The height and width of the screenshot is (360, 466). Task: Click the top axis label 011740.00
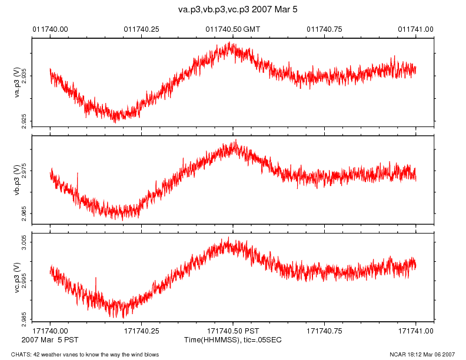tap(50, 29)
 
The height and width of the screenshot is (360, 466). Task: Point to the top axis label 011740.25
tap(141, 29)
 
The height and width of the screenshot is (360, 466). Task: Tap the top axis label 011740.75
tap(325, 29)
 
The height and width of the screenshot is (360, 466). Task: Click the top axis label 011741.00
tap(416, 29)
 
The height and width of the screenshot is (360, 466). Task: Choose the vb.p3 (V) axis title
tap(17, 179)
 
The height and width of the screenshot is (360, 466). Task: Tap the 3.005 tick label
tap(24, 242)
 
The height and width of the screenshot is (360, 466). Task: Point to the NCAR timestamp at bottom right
tap(422, 354)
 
